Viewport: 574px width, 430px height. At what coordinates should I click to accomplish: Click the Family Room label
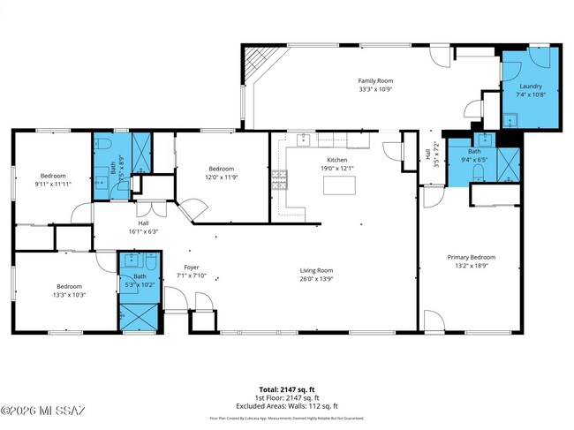374,79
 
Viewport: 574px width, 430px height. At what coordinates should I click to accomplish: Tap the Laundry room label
531,86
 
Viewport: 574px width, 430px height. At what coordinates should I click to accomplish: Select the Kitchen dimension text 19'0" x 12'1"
336,168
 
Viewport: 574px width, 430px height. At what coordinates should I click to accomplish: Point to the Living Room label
315,270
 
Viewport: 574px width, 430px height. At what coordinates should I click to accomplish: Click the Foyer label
191,266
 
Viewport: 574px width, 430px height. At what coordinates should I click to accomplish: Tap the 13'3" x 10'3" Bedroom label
70,286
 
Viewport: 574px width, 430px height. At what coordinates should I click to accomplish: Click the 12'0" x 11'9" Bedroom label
221,169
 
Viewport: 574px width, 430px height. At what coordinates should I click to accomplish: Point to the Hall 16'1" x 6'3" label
142,223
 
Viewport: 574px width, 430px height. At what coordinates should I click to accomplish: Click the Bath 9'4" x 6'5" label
474,152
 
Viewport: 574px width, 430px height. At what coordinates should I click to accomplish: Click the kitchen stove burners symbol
280,179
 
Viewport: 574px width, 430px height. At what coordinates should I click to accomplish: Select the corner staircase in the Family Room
255,62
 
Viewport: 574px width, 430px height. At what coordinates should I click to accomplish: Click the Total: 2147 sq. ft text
286,389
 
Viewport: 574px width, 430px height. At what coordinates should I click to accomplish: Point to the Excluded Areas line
286,405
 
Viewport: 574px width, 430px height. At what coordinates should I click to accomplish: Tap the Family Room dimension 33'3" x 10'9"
374,89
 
